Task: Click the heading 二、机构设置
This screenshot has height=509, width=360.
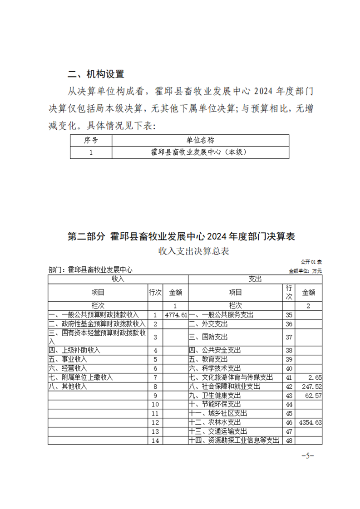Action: click(x=96, y=74)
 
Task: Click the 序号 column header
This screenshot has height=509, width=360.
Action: click(x=91, y=140)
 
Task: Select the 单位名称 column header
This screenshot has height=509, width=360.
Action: click(x=200, y=140)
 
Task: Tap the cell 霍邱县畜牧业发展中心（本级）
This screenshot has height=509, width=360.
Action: click(x=200, y=152)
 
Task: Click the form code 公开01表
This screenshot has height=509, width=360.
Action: click(x=311, y=262)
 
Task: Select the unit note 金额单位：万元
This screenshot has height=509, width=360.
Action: click(x=305, y=271)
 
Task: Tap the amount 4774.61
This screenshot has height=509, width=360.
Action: click(x=177, y=315)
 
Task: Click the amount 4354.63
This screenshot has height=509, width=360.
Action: click(x=311, y=422)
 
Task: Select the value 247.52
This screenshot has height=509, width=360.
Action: click(x=312, y=387)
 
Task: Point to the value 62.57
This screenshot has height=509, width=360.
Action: click(x=313, y=396)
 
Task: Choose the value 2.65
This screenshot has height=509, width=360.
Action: click(x=315, y=377)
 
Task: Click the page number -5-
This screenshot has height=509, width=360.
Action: click(x=308, y=455)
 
